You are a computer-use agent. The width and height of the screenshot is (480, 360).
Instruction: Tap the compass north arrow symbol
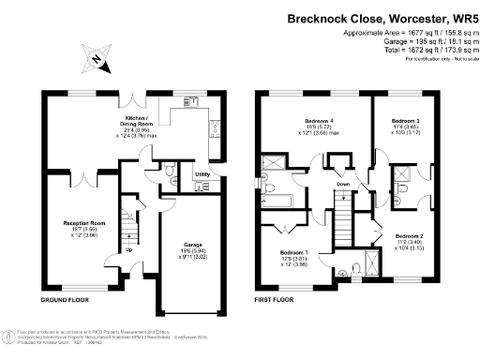coord(97,59)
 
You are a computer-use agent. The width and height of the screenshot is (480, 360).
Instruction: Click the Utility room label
coord(202,174)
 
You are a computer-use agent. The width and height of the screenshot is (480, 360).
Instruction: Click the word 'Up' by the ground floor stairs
coord(128,248)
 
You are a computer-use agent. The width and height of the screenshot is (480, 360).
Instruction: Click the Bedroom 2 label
coord(409,235)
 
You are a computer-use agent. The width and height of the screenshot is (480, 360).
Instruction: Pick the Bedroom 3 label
coord(404,121)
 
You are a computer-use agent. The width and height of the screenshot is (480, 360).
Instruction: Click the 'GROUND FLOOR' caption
coord(65,300)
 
